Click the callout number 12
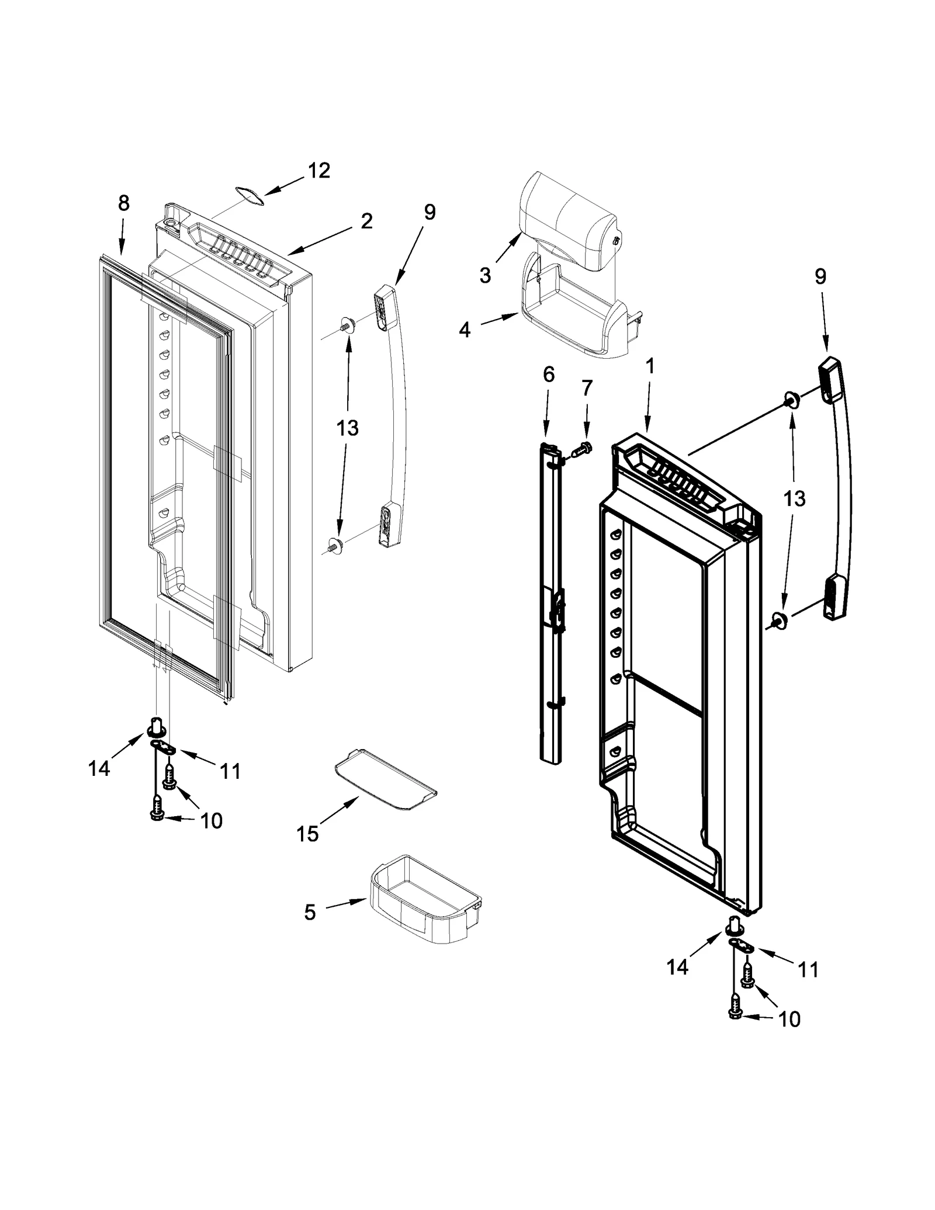pyautogui.click(x=318, y=171)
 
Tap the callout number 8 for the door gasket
pyautogui.click(x=123, y=203)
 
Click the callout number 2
pyautogui.click(x=366, y=221)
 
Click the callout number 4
pyautogui.click(x=465, y=330)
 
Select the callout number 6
pyautogui.click(x=548, y=375)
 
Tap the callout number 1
pyautogui.click(x=649, y=366)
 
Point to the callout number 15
pyautogui.click(x=307, y=834)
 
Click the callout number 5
pyautogui.click(x=310, y=912)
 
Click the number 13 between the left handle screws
pyautogui.click(x=347, y=428)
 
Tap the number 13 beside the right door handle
pyautogui.click(x=794, y=498)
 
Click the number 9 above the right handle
pyautogui.click(x=820, y=277)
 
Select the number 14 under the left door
pyautogui.click(x=99, y=768)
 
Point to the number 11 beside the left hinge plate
pyautogui.click(x=230, y=771)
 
